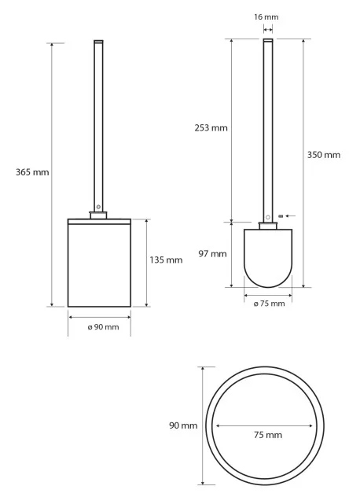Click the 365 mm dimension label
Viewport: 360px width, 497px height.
pos(32,172)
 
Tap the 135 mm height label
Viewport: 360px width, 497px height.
pos(166,260)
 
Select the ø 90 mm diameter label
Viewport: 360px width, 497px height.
pos(103,327)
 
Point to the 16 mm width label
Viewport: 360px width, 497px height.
pos(266,17)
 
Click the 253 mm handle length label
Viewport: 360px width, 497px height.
pos(211,128)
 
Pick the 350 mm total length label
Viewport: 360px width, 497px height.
pos(324,155)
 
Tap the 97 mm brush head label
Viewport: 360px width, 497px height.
pos(213,254)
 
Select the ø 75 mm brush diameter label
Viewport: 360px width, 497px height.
pos(269,304)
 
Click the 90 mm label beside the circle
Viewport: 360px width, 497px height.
pos(183,425)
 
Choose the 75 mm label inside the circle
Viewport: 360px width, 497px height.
pos(268,435)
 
